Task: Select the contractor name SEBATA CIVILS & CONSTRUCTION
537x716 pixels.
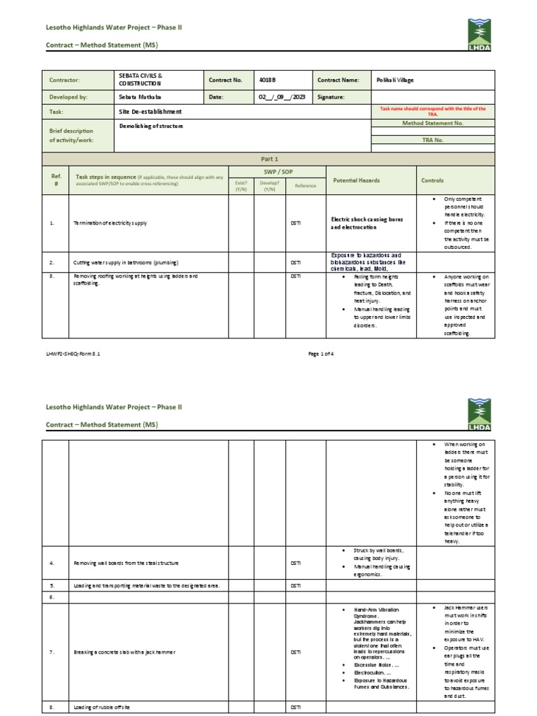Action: click(x=141, y=79)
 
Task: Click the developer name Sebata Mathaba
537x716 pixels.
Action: click(x=138, y=98)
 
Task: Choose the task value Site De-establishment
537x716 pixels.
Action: click(x=146, y=111)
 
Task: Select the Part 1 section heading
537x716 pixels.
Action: click(x=268, y=159)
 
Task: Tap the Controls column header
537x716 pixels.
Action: click(x=432, y=180)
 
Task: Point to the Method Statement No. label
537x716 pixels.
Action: click(x=433, y=123)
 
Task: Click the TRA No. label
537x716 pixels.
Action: click(x=433, y=140)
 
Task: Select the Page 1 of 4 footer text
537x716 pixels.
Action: click(x=321, y=354)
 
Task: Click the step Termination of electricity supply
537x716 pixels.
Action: click(x=110, y=223)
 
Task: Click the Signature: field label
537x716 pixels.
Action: click(x=331, y=98)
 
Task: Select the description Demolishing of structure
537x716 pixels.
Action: click(x=150, y=127)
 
